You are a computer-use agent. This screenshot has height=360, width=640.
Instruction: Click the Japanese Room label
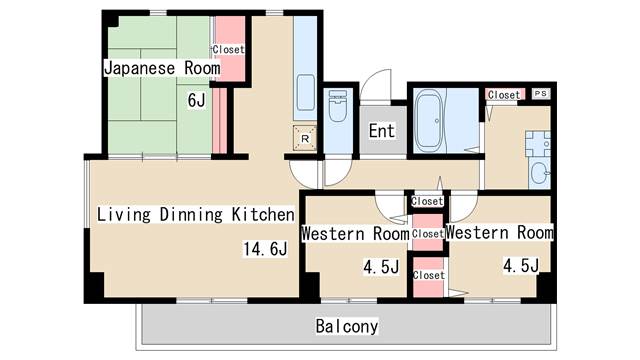tap(160, 68)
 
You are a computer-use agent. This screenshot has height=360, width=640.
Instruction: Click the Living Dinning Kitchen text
tap(195, 214)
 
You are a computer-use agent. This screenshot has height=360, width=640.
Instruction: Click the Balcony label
tap(347, 326)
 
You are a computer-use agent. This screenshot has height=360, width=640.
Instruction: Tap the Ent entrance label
tap(381, 131)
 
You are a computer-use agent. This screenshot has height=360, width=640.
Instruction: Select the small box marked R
tap(304, 138)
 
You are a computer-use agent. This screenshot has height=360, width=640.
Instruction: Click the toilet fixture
tap(337, 104)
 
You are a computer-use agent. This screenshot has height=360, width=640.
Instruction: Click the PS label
tap(541, 94)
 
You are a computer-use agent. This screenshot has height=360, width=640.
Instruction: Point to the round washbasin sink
tap(540, 173)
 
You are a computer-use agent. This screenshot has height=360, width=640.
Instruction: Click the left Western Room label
tap(354, 233)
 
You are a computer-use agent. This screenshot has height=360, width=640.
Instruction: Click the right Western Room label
tap(499, 232)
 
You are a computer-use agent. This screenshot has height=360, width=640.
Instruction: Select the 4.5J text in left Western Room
tap(381, 267)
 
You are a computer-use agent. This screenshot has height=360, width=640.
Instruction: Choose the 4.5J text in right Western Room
tap(520, 265)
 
